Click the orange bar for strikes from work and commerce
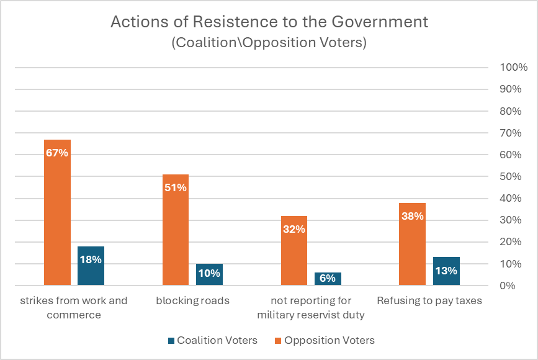tap(57, 212)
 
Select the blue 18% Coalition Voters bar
tap(91, 266)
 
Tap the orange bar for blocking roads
tap(176, 230)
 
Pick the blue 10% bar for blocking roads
tap(209, 274)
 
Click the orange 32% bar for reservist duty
tap(294, 251)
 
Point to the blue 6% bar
tap(328, 279)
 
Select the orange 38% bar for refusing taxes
tap(413, 244)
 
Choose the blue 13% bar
tap(446, 271)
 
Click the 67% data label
tap(57, 153)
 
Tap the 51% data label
tap(176, 187)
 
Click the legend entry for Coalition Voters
tap(213, 340)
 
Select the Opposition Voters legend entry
tap(325, 340)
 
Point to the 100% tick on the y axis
tap(513, 67)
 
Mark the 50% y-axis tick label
tap(511, 176)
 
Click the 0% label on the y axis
tap(508, 286)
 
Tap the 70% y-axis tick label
tap(511, 133)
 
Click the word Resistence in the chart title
tap(235, 22)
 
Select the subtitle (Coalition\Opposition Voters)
tap(269, 43)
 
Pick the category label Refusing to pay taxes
tap(429, 301)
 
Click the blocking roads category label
tap(192, 300)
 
